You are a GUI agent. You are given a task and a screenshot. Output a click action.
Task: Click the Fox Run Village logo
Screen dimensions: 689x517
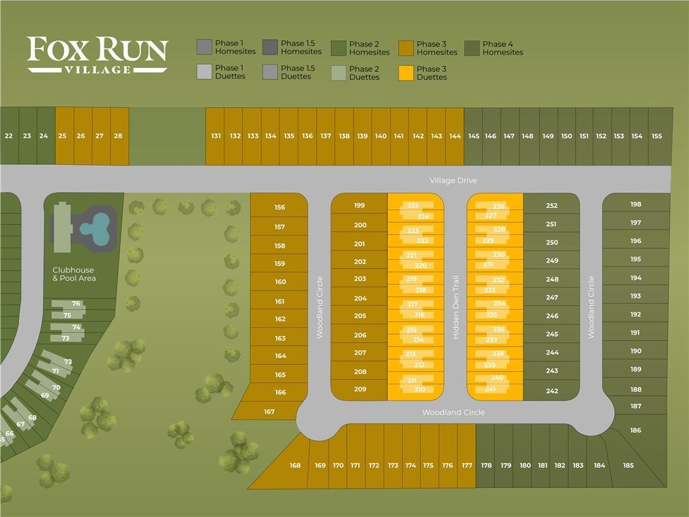click(97, 55)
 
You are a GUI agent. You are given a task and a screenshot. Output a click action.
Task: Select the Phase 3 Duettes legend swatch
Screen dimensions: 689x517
click(406, 73)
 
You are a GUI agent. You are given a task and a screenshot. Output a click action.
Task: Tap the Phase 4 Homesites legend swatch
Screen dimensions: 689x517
click(472, 48)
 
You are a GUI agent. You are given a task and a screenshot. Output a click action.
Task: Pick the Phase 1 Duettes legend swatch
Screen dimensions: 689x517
click(204, 72)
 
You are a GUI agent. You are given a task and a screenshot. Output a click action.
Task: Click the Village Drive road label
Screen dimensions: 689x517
click(453, 180)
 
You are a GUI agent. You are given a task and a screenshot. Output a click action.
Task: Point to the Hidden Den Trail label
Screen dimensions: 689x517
click(456, 307)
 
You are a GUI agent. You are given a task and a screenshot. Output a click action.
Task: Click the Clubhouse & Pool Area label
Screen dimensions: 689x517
click(74, 274)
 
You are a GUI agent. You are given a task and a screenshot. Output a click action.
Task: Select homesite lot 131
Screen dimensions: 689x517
click(216, 136)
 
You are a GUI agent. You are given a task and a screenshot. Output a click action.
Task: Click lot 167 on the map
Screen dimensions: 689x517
click(269, 411)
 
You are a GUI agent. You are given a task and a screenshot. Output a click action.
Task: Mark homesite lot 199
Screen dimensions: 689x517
click(359, 204)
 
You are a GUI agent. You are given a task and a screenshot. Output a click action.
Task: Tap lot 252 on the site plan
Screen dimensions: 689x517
click(552, 204)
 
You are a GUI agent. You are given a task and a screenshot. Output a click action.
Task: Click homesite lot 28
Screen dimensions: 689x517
click(119, 136)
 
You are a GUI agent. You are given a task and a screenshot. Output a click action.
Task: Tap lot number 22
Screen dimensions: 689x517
click(9, 136)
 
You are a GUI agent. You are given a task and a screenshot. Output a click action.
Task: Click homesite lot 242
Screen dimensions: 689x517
click(552, 390)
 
